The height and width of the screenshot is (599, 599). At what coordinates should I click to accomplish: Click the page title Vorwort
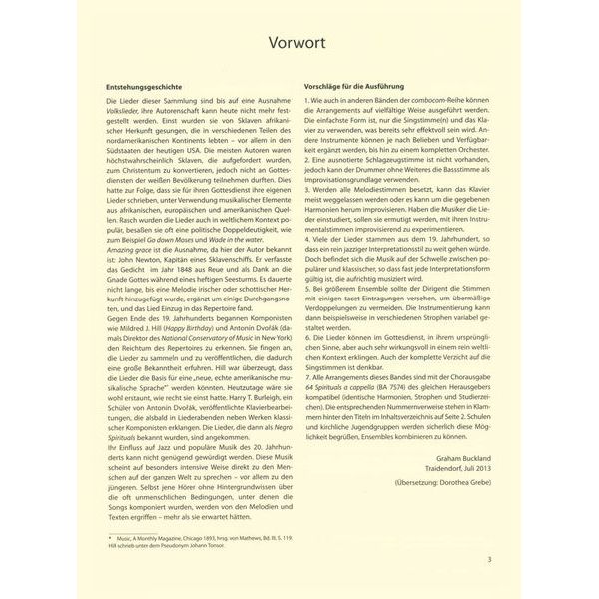pos(299,46)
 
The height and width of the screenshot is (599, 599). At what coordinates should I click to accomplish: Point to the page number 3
pos(488,560)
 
